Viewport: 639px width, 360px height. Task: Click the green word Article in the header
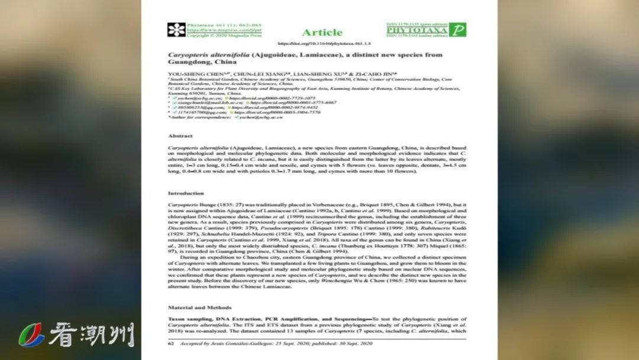click(x=322, y=32)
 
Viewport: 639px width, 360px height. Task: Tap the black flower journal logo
click(x=176, y=30)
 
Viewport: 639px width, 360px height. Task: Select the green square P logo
click(x=457, y=30)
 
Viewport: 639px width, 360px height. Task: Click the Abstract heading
click(x=180, y=136)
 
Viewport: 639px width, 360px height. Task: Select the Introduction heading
click(x=186, y=193)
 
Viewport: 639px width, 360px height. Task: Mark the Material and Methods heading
click(x=199, y=307)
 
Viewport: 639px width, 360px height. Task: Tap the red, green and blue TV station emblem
click(x=31, y=335)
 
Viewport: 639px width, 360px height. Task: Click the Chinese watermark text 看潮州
click(x=92, y=335)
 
